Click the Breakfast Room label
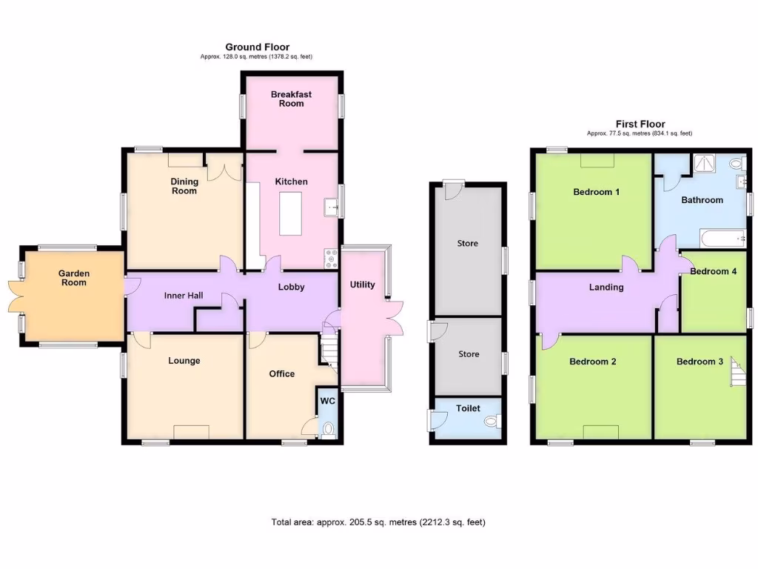pos(291,99)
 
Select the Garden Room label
pos(74,278)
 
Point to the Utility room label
pos(363,285)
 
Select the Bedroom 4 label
pos(713,271)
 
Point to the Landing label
pos(606,287)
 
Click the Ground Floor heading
pos(258,47)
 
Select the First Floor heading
pos(640,124)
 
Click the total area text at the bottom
pos(378,522)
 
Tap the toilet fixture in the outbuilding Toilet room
pos(491,421)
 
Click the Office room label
pos(282,373)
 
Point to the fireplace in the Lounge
pos(191,432)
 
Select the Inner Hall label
pos(184,296)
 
